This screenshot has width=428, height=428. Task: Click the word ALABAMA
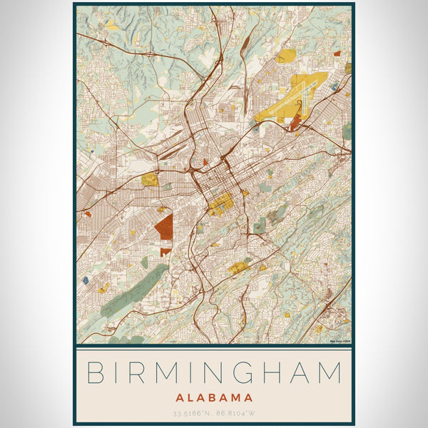coord(214,397)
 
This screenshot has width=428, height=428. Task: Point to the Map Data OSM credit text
coord(340,341)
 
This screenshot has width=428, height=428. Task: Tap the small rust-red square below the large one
coord(165,252)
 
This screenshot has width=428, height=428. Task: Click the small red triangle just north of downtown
coord(205,163)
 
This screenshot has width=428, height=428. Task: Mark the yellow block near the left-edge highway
coord(150,180)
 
